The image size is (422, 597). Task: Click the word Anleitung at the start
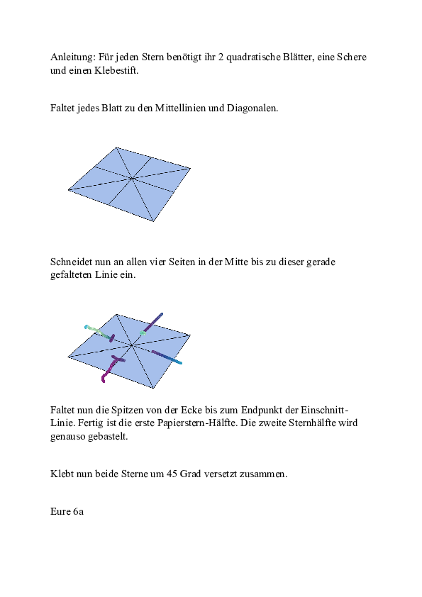click(73, 57)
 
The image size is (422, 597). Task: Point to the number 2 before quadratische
click(220, 57)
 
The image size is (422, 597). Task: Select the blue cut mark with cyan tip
click(169, 357)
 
